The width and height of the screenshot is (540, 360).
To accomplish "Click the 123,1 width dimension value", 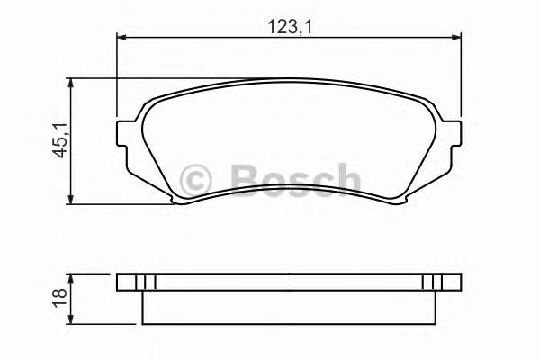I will pyautogui.click(x=287, y=26).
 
